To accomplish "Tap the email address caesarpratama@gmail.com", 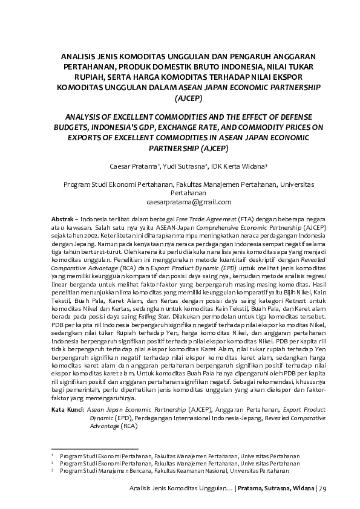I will (180, 202).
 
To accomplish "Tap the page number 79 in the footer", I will (321, 488).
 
